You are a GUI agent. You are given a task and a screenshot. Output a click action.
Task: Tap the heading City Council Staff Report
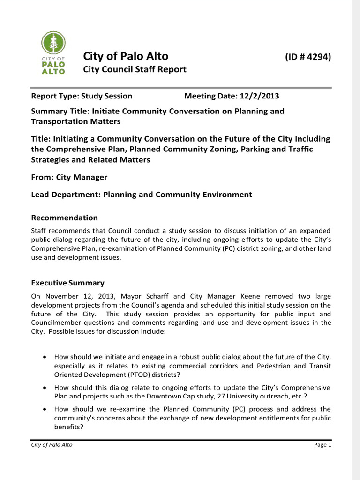(x=135, y=69)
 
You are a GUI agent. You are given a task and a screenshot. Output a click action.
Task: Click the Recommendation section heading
(x=64, y=217)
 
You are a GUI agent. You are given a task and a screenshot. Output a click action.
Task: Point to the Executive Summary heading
(x=67, y=283)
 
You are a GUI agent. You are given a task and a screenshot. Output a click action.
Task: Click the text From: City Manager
(x=69, y=177)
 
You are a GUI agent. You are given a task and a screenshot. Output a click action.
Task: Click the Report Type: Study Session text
(x=82, y=96)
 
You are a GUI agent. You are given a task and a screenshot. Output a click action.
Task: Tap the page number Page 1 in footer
(x=322, y=445)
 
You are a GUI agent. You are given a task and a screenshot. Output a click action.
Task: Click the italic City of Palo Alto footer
(x=52, y=445)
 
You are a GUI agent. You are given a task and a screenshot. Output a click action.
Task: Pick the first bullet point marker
(x=44, y=357)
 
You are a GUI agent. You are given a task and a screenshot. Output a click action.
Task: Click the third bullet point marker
(x=44, y=409)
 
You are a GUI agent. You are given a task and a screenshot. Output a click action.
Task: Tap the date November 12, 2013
(x=74, y=296)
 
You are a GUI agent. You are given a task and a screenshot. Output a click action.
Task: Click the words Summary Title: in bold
(x=60, y=111)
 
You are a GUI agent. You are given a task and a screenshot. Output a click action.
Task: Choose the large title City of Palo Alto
(x=126, y=56)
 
